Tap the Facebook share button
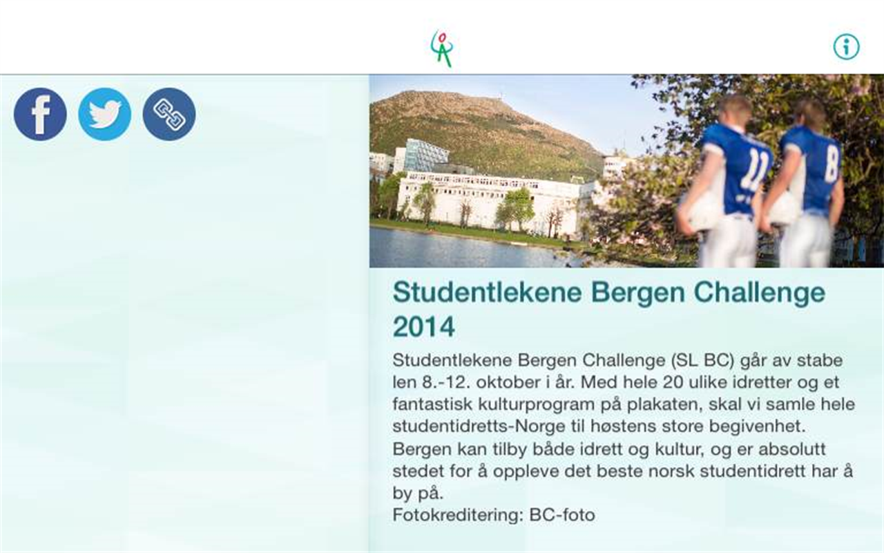[x=40, y=114]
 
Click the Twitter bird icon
[x=104, y=114]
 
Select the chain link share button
[x=169, y=114]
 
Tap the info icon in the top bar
[x=846, y=47]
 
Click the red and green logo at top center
[x=442, y=48]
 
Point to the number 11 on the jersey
[x=753, y=170]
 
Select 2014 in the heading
[x=423, y=326]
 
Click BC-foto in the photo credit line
[x=561, y=515]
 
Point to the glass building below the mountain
[x=425, y=156]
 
